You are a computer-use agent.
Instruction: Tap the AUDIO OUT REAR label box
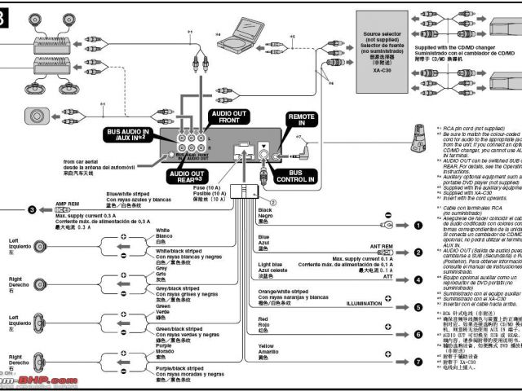tap(187, 175)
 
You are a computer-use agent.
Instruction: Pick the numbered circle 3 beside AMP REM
tap(32, 209)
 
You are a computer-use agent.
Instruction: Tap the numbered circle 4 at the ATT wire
tap(417, 279)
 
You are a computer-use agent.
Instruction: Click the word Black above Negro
tap(265, 209)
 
